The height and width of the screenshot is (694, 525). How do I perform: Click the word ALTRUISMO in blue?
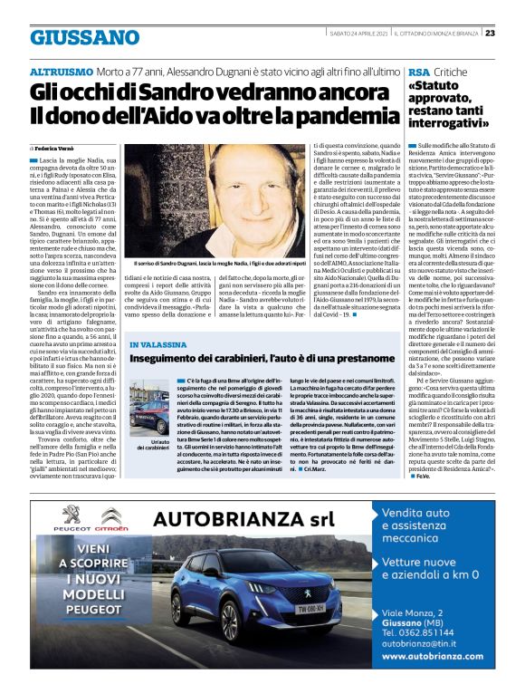(64, 70)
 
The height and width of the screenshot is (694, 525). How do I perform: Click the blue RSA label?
(419, 70)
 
